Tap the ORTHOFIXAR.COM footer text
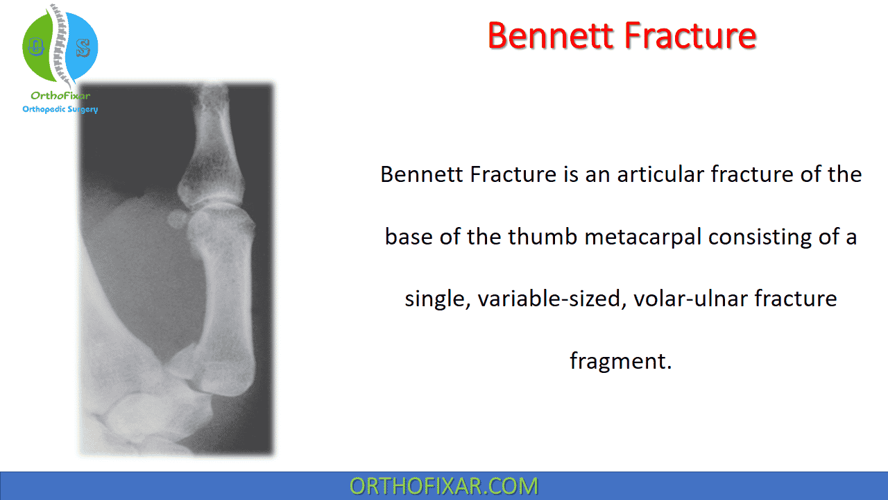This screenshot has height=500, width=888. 443,485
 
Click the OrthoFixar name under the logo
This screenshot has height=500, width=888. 60,97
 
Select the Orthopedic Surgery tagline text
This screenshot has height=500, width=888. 60,109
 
